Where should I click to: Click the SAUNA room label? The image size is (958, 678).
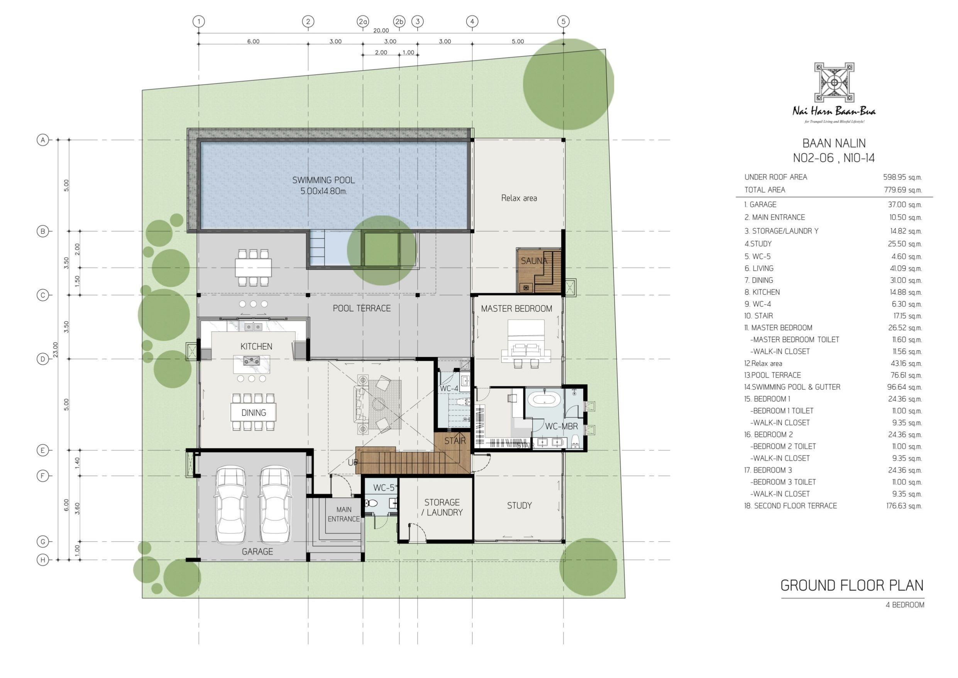[534, 261]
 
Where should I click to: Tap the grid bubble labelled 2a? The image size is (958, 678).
[363, 21]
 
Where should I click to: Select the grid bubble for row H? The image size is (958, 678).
[42, 560]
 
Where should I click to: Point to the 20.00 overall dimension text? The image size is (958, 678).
[381, 31]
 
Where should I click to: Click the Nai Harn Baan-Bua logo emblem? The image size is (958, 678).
[834, 82]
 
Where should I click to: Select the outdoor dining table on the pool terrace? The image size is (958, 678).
[253, 268]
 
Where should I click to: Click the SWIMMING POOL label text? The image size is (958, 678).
[323, 180]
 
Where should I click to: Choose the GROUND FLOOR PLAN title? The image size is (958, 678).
[852, 586]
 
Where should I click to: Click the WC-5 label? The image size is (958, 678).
[383, 488]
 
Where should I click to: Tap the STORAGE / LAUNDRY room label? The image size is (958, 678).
[442, 507]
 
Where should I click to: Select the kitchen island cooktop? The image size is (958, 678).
[252, 360]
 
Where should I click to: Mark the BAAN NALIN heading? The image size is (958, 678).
[834, 143]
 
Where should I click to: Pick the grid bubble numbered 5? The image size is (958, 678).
[563, 21]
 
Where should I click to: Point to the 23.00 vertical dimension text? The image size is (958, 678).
[56, 350]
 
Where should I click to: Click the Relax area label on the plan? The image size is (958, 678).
[519, 198]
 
